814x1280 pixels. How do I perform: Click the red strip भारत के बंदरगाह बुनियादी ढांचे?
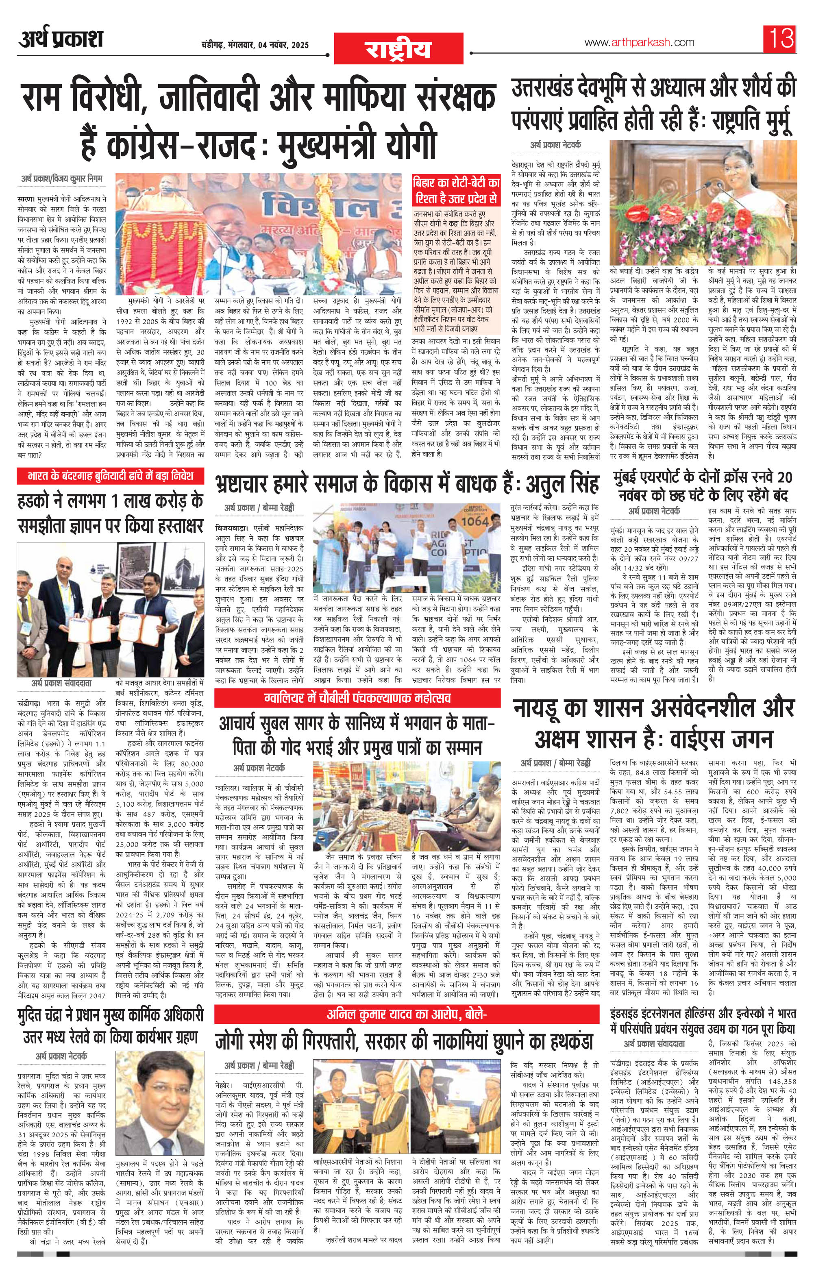pos(110,475)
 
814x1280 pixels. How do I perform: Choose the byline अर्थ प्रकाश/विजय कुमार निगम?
pos(62,178)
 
